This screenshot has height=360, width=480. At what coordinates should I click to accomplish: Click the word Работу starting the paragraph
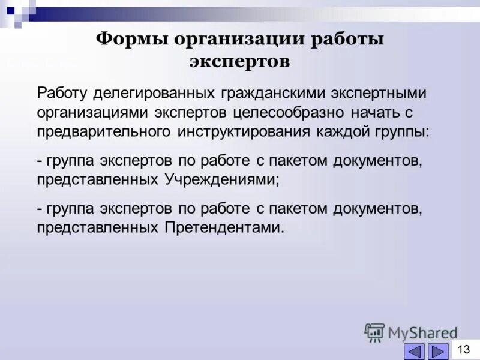pos(63,94)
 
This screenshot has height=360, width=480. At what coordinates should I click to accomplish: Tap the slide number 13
pos(464,349)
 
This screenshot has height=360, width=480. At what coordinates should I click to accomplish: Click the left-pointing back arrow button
pos(415,351)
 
